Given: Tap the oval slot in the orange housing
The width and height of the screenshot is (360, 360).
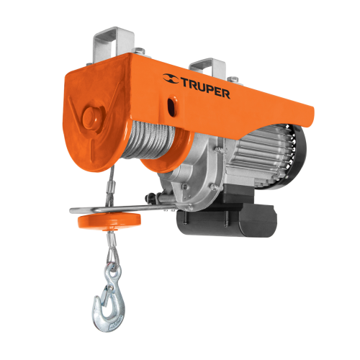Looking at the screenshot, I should (x=172, y=107).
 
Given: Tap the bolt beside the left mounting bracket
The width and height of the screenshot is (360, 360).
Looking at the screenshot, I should (x=142, y=51).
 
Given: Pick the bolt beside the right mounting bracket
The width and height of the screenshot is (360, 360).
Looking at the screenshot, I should (x=232, y=78).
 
